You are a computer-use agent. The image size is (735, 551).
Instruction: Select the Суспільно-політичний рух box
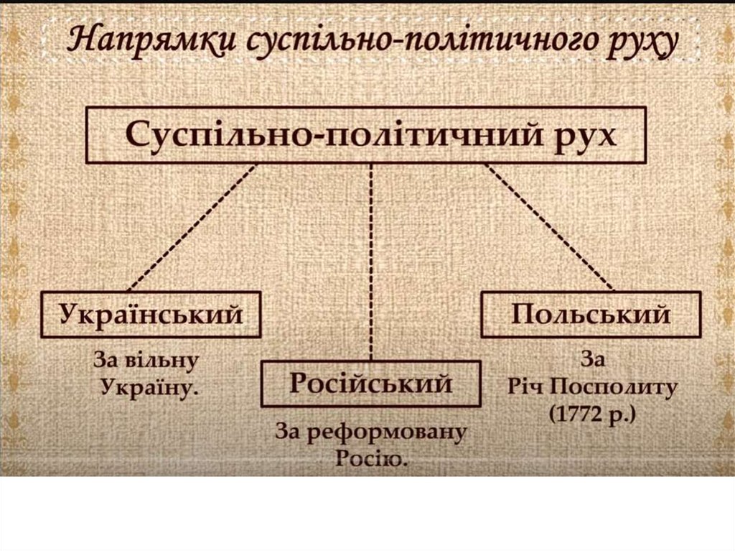pos(366,135)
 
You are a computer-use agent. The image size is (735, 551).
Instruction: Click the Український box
pos(151,314)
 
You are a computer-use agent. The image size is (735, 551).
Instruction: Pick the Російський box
pos(370,384)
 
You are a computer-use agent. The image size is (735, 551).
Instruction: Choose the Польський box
pos(590,314)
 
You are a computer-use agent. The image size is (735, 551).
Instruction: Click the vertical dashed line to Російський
pos(371,259)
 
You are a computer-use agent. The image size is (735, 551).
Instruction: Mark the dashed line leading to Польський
pos(549,227)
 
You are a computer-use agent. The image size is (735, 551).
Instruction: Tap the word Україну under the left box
pos(149,387)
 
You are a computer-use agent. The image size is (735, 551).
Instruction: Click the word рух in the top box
pos(588,134)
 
